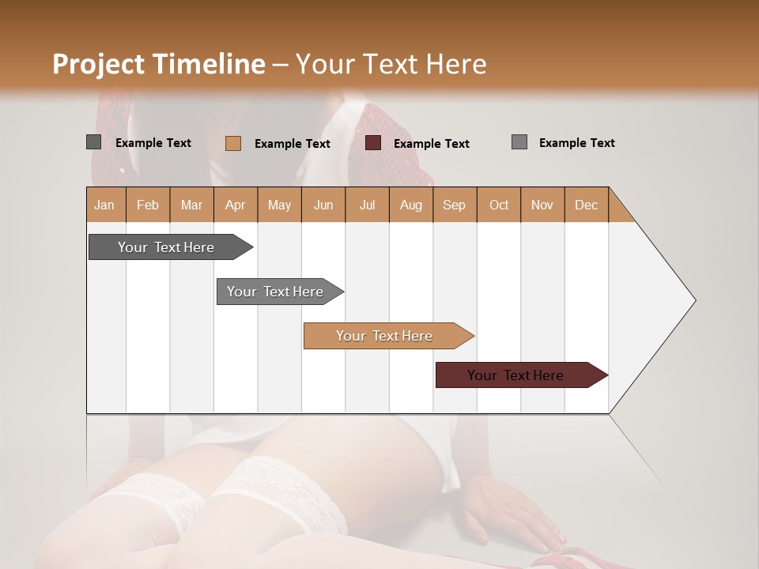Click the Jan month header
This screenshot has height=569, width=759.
point(104,205)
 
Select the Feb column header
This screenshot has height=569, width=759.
point(148,205)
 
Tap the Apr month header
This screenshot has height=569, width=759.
point(235,205)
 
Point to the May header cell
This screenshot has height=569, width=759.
point(279,205)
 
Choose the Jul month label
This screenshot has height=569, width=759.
point(367,205)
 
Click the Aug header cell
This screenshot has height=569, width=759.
point(410,205)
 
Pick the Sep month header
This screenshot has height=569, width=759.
point(454,205)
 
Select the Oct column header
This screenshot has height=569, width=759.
point(499,205)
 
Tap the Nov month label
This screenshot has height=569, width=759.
point(542,205)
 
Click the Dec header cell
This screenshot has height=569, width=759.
point(586,205)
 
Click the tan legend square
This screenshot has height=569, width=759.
point(233,143)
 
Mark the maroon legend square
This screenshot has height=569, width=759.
point(373,143)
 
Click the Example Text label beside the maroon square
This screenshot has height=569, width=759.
point(431,144)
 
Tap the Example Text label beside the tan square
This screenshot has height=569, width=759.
point(292,144)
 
